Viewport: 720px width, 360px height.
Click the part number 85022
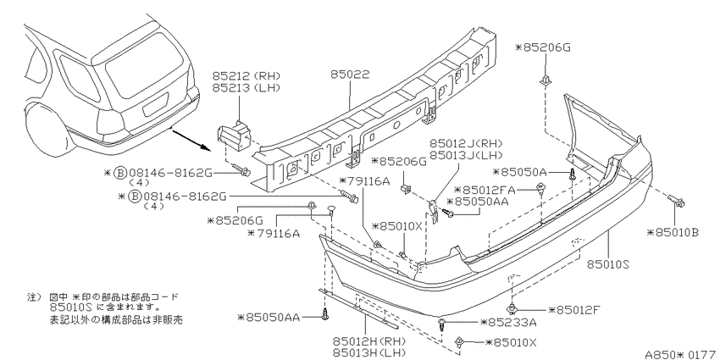[350, 75]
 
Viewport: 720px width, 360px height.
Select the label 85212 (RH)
[246, 76]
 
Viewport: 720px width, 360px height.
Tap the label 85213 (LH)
[246, 88]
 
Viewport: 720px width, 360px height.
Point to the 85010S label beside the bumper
[608, 265]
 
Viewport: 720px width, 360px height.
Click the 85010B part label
[673, 233]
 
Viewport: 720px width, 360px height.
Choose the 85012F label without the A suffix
[574, 310]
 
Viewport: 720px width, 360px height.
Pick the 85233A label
[508, 323]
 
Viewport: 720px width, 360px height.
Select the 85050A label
[519, 172]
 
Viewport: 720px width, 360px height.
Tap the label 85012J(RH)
[466, 144]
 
